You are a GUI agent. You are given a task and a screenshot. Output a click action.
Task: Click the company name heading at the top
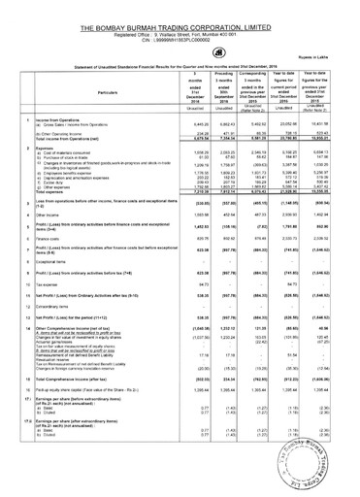click(x=180, y=9)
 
